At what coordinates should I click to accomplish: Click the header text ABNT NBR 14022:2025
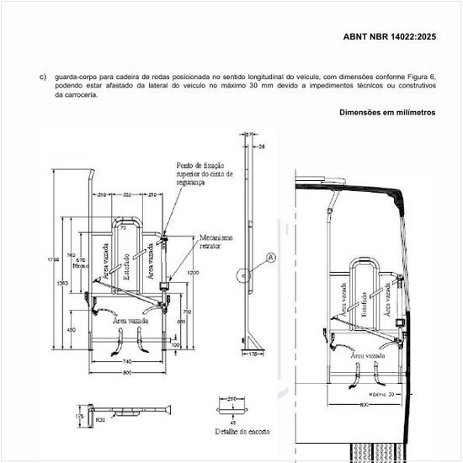tap(389, 37)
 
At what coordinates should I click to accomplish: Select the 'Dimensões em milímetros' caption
tap(386, 113)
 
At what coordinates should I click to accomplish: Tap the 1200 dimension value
tap(194, 273)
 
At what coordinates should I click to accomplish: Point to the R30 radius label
tap(99, 418)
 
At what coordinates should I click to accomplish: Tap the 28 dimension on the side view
tap(262, 146)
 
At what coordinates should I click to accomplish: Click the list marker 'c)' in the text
tap(42, 76)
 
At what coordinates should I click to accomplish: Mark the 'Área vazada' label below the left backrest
tap(130, 322)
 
